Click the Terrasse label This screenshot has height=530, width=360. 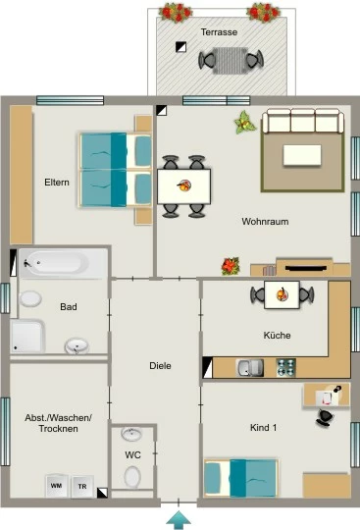(x=219, y=32)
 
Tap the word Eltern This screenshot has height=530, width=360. (x=57, y=183)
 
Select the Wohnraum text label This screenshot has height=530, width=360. (x=265, y=222)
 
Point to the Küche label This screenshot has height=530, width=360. (x=277, y=336)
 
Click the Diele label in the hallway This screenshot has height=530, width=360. (x=160, y=366)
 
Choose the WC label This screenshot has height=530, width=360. (x=132, y=455)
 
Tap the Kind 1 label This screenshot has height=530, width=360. (x=264, y=428)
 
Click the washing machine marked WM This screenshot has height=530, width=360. (x=57, y=486)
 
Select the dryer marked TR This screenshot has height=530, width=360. (x=82, y=487)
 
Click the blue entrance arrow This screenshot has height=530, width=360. (x=179, y=520)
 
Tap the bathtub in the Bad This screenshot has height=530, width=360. (x=63, y=263)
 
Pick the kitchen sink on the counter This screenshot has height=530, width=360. (x=250, y=368)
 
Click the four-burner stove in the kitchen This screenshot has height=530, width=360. (x=286, y=368)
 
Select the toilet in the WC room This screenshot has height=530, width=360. (x=132, y=477)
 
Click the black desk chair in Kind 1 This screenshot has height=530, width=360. (x=325, y=417)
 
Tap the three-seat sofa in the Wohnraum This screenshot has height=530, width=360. (x=303, y=121)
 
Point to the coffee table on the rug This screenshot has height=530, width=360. (x=302, y=155)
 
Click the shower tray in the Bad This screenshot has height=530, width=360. (x=27, y=337)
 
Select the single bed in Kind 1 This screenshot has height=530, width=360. (x=240, y=478)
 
